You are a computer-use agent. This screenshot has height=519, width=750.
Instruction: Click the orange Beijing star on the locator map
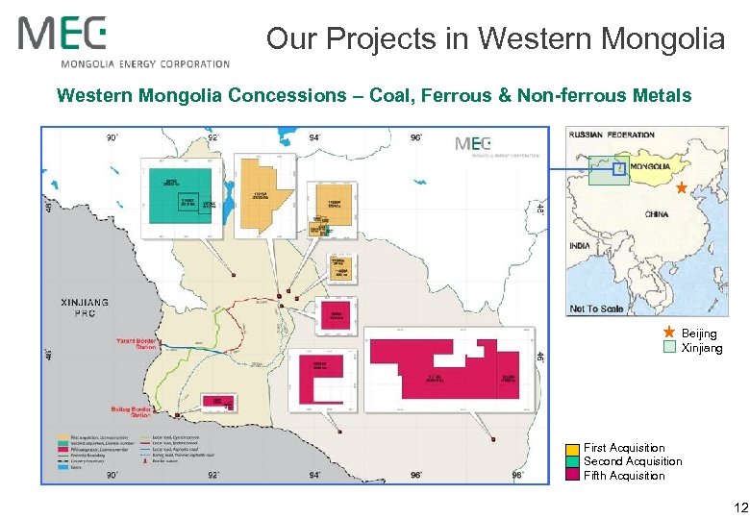pyautogui.click(x=682, y=187)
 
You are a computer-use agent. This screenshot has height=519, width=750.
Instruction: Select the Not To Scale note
pyautogui.click(x=596, y=309)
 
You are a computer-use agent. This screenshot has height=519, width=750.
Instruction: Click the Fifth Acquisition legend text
pyautogui.click(x=624, y=476)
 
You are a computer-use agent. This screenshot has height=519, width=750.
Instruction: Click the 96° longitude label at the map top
pyautogui.click(x=416, y=137)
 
